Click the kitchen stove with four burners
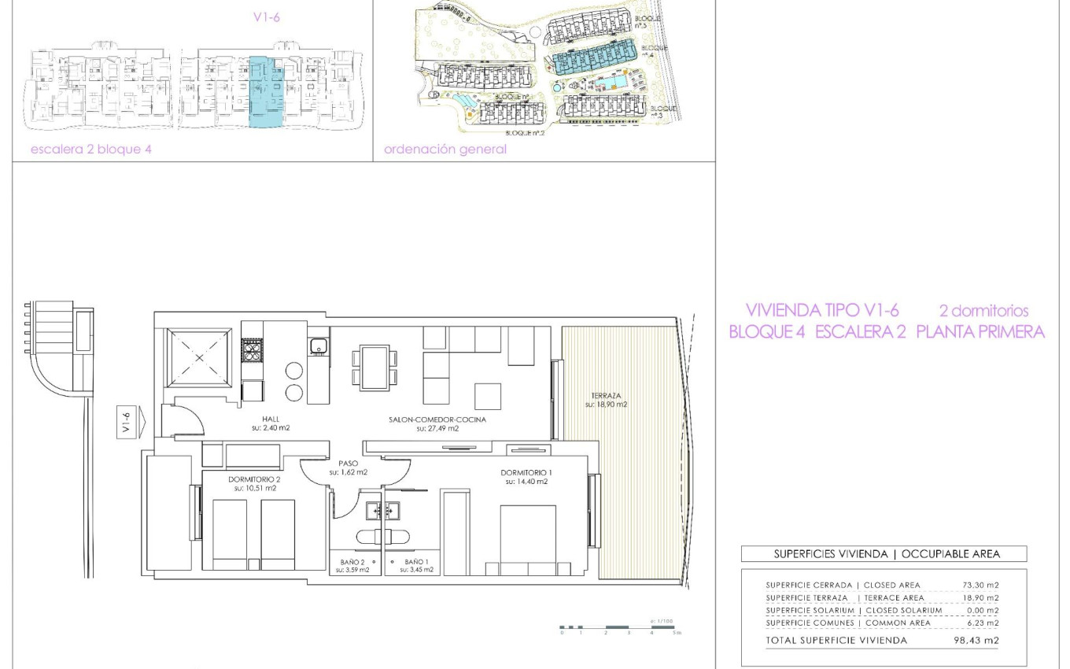[x=252, y=349]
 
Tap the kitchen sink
[x=318, y=346]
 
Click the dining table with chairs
[x=374, y=368]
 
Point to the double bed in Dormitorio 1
[x=528, y=539]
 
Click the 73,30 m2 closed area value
[x=980, y=585]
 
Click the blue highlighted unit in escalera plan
[x=264, y=91]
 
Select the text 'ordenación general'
[x=445, y=150]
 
